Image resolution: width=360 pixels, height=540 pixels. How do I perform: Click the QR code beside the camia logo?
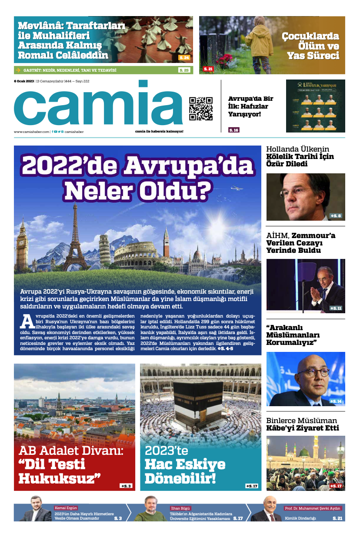[x=200, y=109]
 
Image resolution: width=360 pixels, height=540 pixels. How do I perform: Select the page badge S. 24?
[x=184, y=58]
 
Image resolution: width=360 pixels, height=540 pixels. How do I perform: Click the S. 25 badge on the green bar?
[x=184, y=70]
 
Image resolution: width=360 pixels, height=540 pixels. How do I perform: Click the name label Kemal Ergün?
[x=66, y=508]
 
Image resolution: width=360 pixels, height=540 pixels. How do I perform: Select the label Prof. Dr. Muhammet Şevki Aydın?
[x=313, y=508]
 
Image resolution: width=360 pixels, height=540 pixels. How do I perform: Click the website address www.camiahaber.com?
[x=32, y=132]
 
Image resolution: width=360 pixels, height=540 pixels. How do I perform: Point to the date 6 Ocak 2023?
[x=24, y=81]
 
